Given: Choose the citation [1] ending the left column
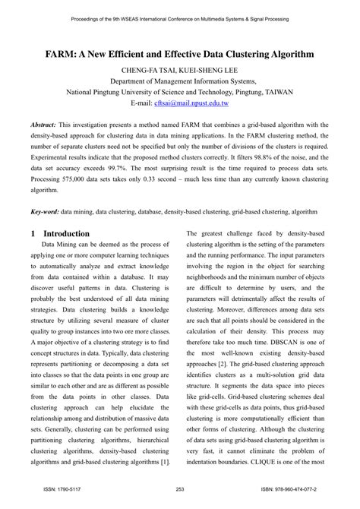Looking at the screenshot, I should click(170, 461).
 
